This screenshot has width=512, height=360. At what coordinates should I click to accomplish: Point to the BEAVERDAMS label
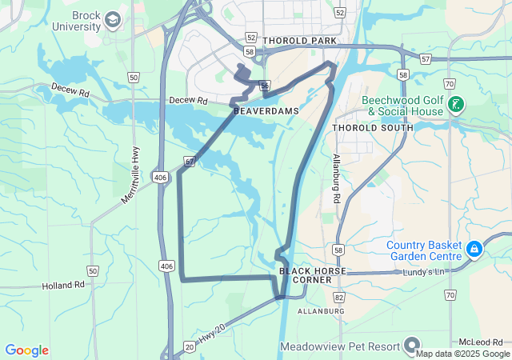pyautogui.click(x=266, y=111)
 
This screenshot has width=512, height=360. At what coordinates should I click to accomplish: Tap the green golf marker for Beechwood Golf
pyautogui.click(x=456, y=104)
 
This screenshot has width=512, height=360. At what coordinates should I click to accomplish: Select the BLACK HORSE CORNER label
pyautogui.click(x=313, y=275)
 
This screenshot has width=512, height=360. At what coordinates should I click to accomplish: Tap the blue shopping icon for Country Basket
pyautogui.click(x=474, y=250)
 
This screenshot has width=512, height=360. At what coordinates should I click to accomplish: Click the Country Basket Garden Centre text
pyautogui.click(x=424, y=250)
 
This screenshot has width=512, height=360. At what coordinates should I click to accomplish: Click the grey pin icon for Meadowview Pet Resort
pyautogui.click(x=413, y=346)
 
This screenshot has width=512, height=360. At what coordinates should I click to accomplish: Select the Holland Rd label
pyautogui.click(x=63, y=285)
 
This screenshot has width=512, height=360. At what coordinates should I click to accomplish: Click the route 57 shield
pyautogui.click(x=425, y=58)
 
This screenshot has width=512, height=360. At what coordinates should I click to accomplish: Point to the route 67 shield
pyautogui.click(x=189, y=161)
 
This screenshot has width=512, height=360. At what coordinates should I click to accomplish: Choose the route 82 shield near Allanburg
pyautogui.click(x=340, y=298)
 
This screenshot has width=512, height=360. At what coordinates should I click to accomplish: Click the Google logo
pyautogui.click(x=26, y=350)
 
